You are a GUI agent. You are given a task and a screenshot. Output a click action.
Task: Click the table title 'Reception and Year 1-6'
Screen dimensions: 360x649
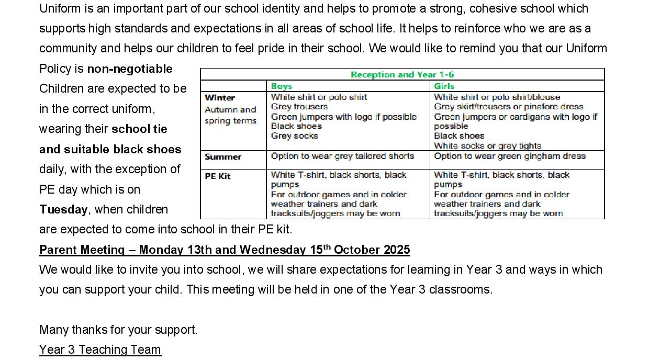[402, 74]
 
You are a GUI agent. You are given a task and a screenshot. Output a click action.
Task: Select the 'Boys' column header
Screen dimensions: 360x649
[282, 86]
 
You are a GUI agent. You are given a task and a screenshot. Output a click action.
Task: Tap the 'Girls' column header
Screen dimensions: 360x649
[444, 86]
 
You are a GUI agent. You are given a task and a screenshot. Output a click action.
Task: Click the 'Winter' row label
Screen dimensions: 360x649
[220, 97]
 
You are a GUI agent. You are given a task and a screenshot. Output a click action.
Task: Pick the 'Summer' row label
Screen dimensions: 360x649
[223, 156]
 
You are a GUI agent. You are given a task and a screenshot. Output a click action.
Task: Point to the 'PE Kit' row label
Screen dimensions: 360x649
[218, 176]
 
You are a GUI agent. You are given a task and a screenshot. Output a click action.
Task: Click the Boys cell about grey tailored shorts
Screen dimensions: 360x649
[342, 156]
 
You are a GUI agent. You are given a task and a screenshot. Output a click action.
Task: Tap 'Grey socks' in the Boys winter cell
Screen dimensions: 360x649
[294, 136]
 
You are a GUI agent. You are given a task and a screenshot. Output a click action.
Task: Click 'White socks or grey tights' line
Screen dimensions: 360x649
[487, 145]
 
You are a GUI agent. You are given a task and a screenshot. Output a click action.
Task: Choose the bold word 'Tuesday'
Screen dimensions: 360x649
[63, 209]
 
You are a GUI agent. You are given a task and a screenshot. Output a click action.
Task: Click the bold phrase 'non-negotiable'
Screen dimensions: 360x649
[130, 69]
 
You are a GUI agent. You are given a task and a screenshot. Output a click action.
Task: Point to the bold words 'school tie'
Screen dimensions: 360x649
[139, 129]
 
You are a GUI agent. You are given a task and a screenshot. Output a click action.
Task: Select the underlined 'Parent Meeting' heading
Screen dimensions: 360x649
[82, 250]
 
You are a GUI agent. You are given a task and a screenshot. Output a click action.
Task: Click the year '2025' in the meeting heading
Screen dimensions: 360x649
[397, 250]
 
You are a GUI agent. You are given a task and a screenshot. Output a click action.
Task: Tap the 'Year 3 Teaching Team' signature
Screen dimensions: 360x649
[100, 350]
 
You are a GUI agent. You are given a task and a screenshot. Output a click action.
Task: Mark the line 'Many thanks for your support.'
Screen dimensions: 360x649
[118, 330]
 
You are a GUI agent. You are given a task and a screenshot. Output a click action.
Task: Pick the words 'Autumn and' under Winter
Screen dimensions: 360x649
[230, 109]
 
